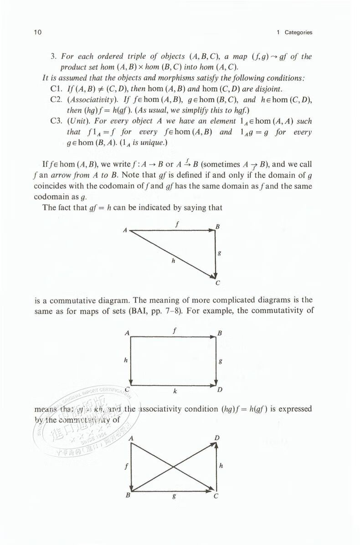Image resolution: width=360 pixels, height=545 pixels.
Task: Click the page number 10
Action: [x=38, y=32]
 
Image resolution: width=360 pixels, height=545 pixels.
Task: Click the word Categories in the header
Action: [x=298, y=32]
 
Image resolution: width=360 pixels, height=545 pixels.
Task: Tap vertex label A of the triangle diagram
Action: [x=124, y=230]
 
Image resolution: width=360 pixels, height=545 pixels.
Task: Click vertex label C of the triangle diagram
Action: [x=217, y=283]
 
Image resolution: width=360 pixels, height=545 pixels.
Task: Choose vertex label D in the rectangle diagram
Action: [x=220, y=390]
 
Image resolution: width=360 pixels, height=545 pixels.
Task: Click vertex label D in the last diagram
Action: [x=217, y=438]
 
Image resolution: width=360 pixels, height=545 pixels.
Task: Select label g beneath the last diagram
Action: [x=174, y=498]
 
